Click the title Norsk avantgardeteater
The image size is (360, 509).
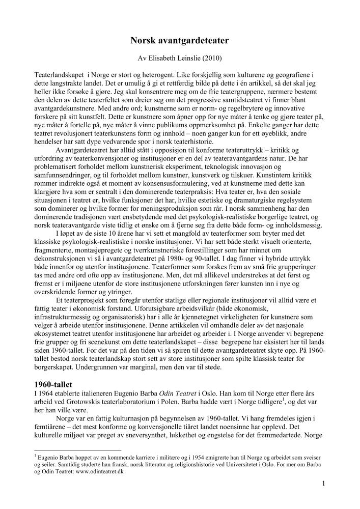(180, 39)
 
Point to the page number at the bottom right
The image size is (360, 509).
(323, 484)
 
